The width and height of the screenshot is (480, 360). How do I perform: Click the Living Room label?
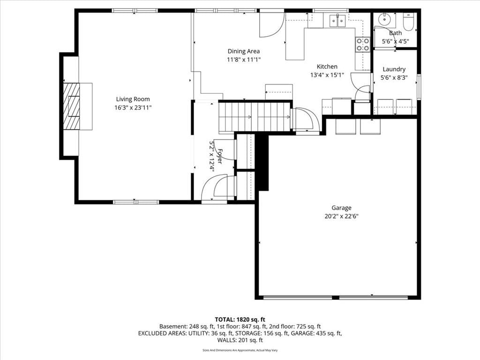click(133, 99)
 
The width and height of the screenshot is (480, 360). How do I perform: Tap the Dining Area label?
click(244, 51)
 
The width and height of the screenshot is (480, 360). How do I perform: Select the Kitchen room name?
click(327, 67)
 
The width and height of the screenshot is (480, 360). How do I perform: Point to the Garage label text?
click(341, 208)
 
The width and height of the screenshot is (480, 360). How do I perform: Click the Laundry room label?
click(394, 69)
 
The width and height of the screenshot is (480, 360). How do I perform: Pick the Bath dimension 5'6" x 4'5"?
click(395, 41)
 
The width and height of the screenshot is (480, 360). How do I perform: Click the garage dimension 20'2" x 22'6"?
click(341, 217)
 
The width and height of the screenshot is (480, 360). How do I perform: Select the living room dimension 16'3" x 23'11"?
click(133, 107)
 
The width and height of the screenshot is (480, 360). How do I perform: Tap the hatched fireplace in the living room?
click(71, 106)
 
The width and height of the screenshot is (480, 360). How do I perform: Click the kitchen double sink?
click(337, 20)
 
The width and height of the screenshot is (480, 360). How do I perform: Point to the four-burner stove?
click(362, 44)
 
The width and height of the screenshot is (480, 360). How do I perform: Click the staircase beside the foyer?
click(255, 117)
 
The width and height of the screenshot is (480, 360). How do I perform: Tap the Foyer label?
click(220, 156)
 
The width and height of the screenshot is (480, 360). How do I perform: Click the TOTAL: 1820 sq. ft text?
click(240, 320)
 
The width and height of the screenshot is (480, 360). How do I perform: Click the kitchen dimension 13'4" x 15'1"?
click(327, 75)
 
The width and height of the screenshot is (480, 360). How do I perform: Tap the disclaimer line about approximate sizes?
click(240, 350)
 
